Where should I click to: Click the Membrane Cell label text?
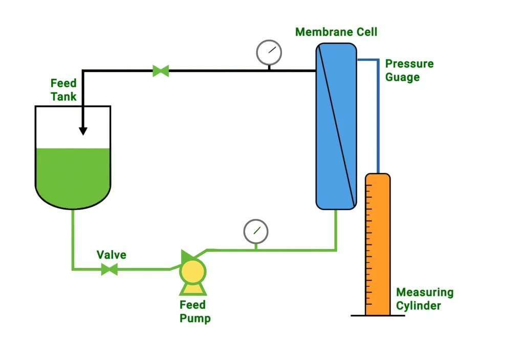coord(336,32)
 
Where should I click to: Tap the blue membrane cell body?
coord(327,153)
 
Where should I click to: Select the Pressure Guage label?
coord(409,71)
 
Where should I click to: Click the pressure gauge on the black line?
coord(269,52)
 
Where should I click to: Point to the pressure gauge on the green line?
coord(256,231)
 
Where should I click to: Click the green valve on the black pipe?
coord(161,71)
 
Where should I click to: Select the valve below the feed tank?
coord(109,268)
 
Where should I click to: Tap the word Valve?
coord(112,255)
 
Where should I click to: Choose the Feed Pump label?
coord(195,311)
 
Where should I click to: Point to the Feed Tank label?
coord(63,89)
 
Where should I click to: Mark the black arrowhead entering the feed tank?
coord(83,131)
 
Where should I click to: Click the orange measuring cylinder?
coord(378,245)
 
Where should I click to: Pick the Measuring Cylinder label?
coord(425,299)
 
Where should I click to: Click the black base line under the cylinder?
coord(378,316)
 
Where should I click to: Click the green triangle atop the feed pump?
coord(187,255)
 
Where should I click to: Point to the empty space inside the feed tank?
coord(56,128)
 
